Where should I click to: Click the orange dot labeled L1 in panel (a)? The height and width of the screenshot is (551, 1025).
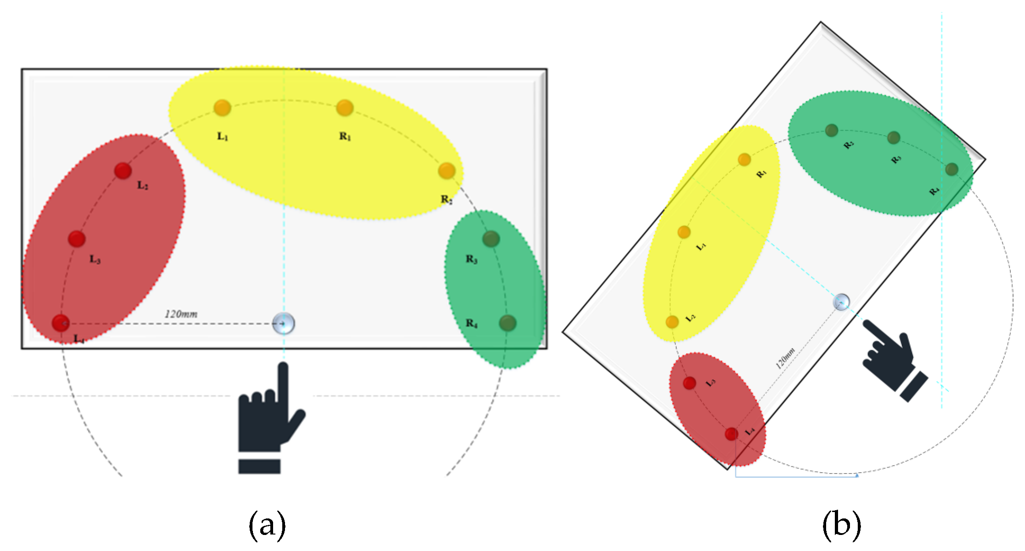[222, 108]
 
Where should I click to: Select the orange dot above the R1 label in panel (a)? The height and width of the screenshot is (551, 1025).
[345, 108]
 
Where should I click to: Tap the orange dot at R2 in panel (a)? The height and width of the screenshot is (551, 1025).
[446, 171]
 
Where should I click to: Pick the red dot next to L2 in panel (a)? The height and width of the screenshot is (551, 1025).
[123, 171]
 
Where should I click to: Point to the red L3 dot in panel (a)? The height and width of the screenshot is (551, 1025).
[77, 239]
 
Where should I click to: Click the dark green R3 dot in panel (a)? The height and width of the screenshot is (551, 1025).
[491, 239]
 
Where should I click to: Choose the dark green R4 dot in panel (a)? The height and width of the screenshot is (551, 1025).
[507, 323]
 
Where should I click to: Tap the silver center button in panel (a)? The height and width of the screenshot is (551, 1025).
[284, 324]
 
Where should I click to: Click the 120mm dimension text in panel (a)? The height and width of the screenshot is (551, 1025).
[181, 314]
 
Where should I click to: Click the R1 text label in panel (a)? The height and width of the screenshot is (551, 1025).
[345, 136]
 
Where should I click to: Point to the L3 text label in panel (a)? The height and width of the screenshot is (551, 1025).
[94, 259]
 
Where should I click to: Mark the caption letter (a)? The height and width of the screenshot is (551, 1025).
[267, 524]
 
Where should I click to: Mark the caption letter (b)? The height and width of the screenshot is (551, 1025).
[841, 524]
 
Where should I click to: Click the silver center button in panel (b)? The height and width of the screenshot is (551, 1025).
[841, 302]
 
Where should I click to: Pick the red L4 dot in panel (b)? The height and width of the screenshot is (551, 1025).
[731, 434]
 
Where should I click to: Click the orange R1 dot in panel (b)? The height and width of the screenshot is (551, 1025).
[744, 160]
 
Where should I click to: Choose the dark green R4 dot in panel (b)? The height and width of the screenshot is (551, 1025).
[952, 169]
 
